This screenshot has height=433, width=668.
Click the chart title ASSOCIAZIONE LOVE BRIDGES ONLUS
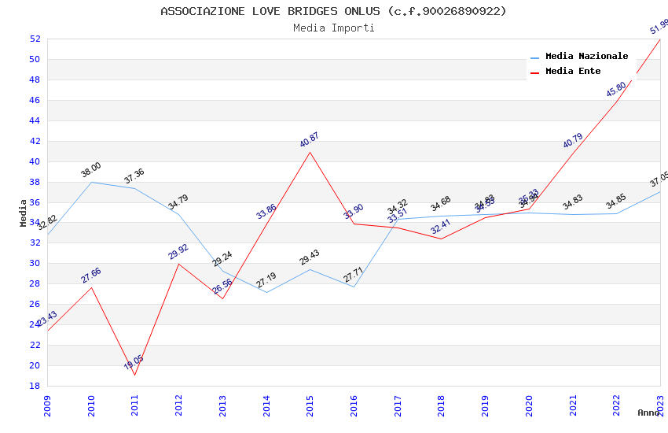point(333,11)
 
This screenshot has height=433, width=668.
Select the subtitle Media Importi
point(333,28)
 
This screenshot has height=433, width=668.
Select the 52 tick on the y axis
point(35,39)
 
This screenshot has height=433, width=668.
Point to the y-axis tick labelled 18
point(35,386)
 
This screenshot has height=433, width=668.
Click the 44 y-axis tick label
point(35,120)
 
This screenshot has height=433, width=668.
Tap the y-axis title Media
point(24,213)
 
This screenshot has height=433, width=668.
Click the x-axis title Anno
point(648,413)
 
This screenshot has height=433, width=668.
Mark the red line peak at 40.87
point(310,152)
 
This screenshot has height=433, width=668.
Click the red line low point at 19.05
point(135,375)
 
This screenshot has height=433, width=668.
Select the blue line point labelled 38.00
point(92,182)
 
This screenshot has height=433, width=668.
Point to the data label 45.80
point(616,89)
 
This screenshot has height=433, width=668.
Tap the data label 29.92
point(178,252)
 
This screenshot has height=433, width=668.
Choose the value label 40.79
point(572,141)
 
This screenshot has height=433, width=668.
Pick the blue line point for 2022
point(616,213)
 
